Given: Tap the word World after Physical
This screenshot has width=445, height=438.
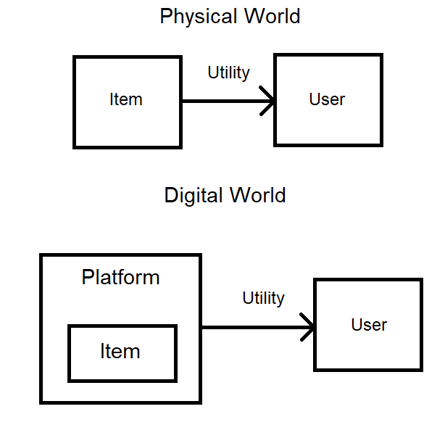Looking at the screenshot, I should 273,17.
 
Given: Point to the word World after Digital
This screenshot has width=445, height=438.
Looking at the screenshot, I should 258,195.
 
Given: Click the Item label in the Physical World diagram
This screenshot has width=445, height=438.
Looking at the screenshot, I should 126,99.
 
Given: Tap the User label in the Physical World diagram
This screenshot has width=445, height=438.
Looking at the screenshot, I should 327,99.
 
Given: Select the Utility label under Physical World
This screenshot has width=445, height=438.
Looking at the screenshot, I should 228,73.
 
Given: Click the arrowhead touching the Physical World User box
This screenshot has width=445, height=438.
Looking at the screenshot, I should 270,102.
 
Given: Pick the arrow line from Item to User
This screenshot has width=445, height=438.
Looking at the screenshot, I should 225,102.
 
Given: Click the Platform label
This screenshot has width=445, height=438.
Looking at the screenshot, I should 120,278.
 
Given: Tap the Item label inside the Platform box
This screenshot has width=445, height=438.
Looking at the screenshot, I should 120,352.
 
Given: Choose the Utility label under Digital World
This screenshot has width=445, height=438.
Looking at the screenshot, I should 263,298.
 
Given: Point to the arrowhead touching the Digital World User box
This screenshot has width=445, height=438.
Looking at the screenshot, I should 309,328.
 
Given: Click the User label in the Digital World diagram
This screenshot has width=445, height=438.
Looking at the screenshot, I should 369,325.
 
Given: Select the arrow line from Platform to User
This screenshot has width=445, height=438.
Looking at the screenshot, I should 254,328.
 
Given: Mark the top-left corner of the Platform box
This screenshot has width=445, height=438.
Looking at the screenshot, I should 41,255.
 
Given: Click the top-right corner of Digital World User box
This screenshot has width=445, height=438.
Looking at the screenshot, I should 420,280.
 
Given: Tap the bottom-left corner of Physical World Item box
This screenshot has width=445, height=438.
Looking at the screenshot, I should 75,146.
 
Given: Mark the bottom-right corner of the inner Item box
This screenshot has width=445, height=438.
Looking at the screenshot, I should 175,380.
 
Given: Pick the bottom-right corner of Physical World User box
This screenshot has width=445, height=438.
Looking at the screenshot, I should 380,145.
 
